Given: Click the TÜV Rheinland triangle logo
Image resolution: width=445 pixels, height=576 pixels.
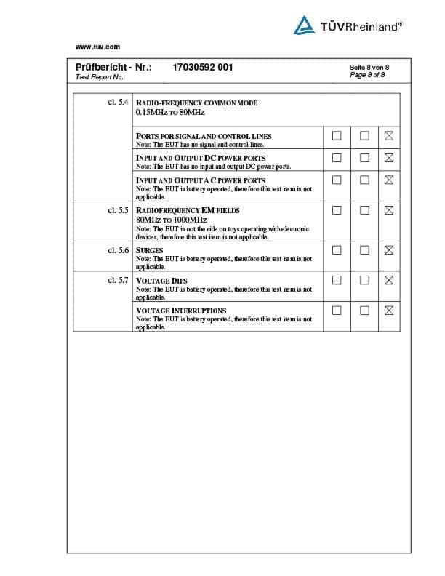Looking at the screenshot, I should [304, 25].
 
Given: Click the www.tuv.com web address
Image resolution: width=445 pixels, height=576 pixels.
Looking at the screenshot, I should [97, 47].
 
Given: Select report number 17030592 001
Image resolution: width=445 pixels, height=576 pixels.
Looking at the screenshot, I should [203, 67].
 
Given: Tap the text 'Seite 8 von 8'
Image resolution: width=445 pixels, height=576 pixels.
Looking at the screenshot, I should [369, 67].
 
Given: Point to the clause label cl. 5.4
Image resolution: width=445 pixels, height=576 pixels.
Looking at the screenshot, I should [118, 103].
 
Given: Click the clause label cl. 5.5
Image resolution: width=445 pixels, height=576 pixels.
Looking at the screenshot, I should [118, 210].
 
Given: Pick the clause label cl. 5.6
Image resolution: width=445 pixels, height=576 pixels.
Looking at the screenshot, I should [118, 250].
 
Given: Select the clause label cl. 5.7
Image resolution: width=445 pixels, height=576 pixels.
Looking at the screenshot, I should [118, 280].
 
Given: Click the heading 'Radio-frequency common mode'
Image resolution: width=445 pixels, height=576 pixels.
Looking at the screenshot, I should [196, 103].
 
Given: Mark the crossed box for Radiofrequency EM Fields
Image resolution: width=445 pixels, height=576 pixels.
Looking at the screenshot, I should [388, 211].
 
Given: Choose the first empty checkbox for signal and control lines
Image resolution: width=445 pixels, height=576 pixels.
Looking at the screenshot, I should [337, 136].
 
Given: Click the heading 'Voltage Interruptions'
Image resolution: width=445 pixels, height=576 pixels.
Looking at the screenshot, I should [181, 311].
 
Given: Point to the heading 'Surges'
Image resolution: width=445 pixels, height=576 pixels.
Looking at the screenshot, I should [150, 250].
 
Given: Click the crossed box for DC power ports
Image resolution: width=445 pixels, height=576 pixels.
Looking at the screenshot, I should [388, 158].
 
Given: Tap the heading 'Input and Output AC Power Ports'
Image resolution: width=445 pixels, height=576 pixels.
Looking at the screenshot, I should [201, 180].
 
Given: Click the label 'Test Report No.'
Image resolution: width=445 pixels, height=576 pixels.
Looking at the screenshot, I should [100, 76].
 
